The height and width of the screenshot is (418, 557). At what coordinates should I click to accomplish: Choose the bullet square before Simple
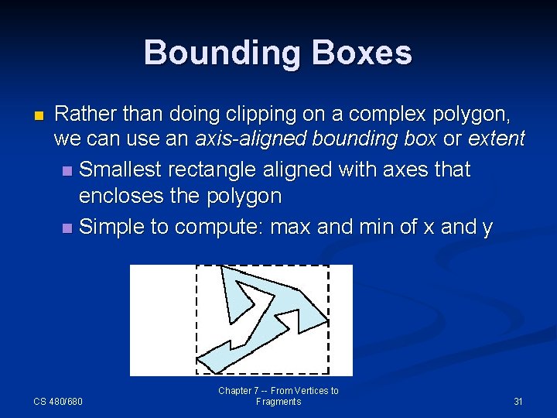pyautogui.click(x=67, y=228)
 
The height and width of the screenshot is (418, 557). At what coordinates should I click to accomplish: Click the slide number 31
pyautogui.click(x=518, y=401)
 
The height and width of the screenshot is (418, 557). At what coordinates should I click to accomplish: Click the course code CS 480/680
pyautogui.click(x=58, y=401)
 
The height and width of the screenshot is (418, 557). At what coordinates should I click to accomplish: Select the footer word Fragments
pyautogui.click(x=278, y=402)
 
